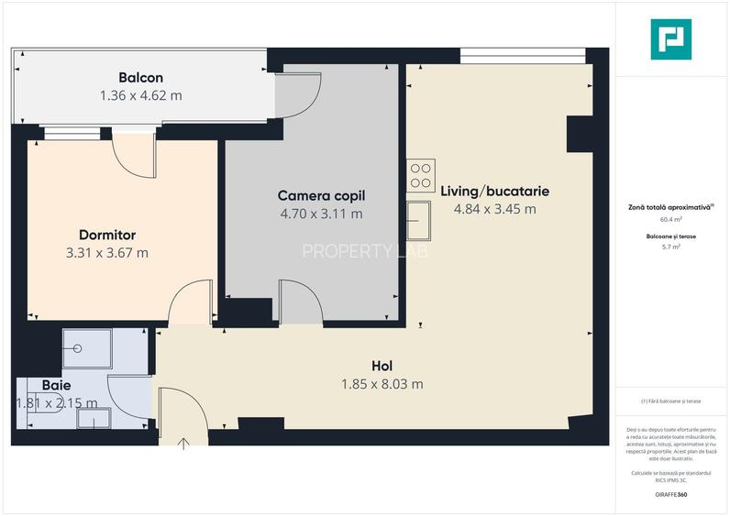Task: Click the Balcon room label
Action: tap(140, 77)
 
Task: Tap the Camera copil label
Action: tap(321, 195)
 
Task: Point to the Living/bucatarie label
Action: tap(494, 192)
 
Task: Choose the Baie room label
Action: tap(56, 385)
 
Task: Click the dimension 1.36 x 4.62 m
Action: tap(140, 94)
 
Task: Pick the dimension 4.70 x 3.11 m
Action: tap(321, 214)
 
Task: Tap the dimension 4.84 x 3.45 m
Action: tap(494, 209)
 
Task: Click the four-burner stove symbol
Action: tap(421, 174)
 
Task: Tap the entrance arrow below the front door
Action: tap(183, 444)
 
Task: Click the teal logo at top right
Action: tap(671, 39)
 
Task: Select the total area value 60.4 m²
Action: tap(671, 220)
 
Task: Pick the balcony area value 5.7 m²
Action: tap(670, 247)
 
